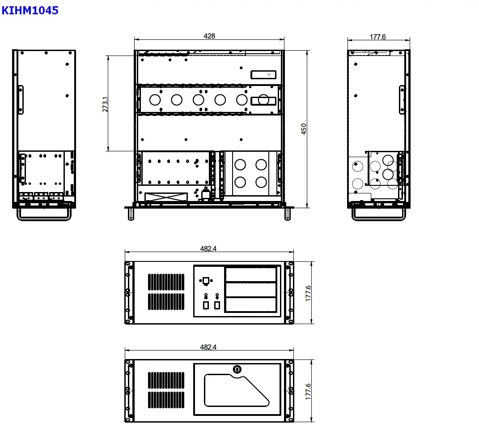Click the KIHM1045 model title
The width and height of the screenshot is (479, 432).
coord(30,10)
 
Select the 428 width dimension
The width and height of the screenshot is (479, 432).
coord(209,36)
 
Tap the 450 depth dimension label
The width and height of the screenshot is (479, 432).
coord(304,129)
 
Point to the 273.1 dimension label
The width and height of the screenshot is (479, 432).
coord(105,104)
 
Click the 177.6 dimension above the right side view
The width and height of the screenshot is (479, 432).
coord(377,37)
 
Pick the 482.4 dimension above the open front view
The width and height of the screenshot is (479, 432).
coord(208,248)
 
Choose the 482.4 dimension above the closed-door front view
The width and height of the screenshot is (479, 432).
coord(208,347)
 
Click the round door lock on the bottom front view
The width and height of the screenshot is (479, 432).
coord(237,369)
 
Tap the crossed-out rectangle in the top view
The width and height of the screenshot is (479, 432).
coord(166,197)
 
